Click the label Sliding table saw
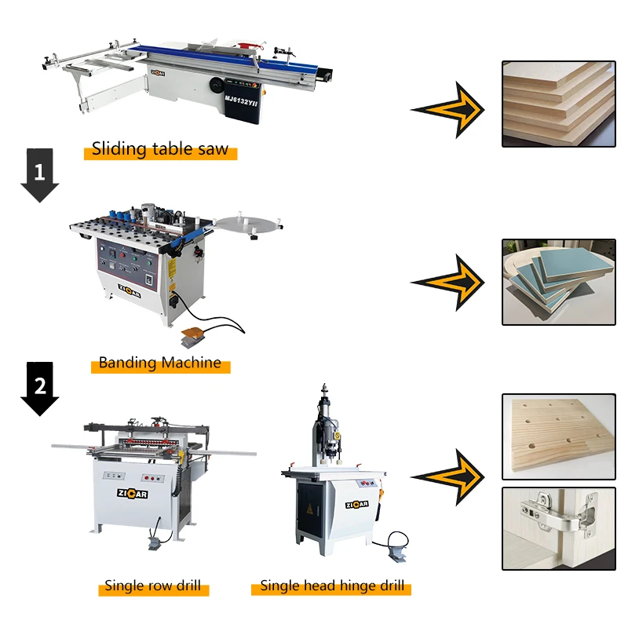coord(160,149)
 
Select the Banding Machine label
coord(159,363)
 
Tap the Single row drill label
coord(152,586)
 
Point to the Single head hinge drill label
coord(332,586)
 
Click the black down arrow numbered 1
coord(39,173)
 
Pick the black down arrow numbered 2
coord(39,387)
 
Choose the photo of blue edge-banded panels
coord(558,282)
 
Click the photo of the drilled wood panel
coord(558,436)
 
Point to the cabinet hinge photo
coord(558,528)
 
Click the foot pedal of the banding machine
coord(191,338)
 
